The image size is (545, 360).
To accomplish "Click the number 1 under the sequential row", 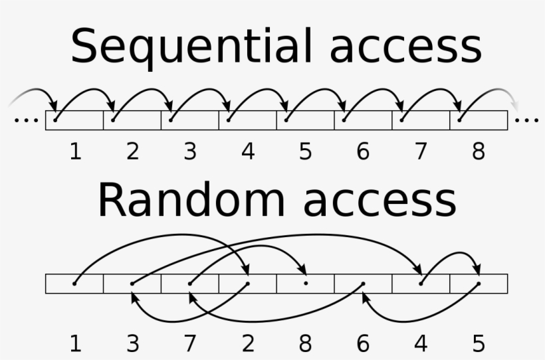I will pyautogui.click(x=75, y=152).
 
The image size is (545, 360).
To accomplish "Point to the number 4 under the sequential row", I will pyautogui.click(x=248, y=152).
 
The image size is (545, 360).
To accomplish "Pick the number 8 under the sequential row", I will pyautogui.click(x=479, y=152).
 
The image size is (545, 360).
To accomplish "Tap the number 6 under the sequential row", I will pyautogui.click(x=363, y=152).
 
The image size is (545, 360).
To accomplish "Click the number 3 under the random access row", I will pyautogui.click(x=133, y=344).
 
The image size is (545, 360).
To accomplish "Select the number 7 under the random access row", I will pyautogui.click(x=190, y=344).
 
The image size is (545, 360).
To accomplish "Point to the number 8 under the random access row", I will pyautogui.click(x=305, y=344).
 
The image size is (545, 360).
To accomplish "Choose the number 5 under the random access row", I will pyautogui.click(x=479, y=344).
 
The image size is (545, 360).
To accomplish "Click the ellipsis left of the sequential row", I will pyautogui.click(x=26, y=121).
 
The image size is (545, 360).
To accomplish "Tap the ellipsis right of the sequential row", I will pyautogui.click(x=527, y=121).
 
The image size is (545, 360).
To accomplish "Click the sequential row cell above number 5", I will pyautogui.click(x=305, y=120).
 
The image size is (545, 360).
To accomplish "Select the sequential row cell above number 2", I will pyautogui.click(x=132, y=120).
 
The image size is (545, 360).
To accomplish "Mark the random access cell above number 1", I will pyautogui.click(x=74, y=284).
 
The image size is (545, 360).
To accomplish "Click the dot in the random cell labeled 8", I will pyautogui.click(x=305, y=284).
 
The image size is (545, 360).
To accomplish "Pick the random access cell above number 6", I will pyautogui.click(x=363, y=284).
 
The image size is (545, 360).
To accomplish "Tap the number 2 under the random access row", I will pyautogui.click(x=248, y=344).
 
